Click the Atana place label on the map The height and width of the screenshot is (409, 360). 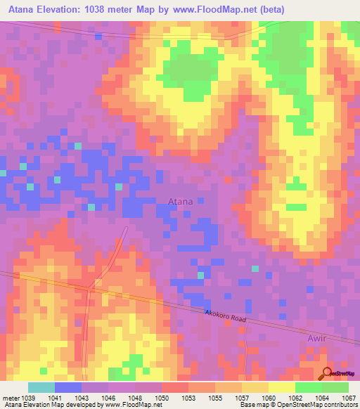coord(181,202)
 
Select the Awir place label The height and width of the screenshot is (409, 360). coord(337,338)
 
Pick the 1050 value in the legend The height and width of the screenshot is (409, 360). coord(161,398)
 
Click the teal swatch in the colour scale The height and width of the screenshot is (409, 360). coord(41,387)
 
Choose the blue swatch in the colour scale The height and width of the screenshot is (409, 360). coord(68,387)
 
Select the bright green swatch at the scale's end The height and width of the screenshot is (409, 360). coord(335,387)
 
